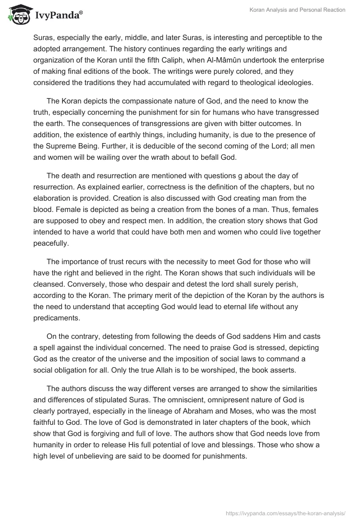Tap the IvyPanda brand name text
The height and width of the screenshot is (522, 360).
tap(57, 16)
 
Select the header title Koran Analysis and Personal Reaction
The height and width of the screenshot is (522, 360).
tap(297, 10)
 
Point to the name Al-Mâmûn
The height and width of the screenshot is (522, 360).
tap(267, 60)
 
